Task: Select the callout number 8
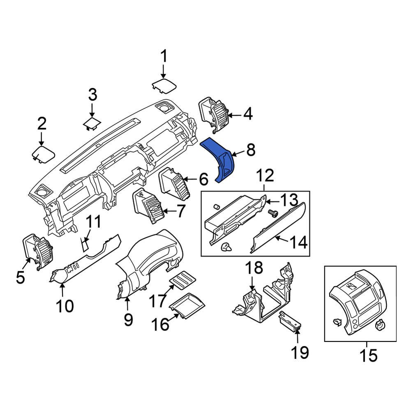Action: pyautogui.click(x=251, y=150)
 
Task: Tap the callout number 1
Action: pyautogui.click(x=164, y=56)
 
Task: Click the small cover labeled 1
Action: pyautogui.click(x=164, y=86)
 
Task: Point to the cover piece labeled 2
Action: pyautogui.click(x=43, y=154)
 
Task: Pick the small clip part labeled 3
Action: pyautogui.click(x=92, y=122)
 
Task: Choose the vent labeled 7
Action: pyautogui.click(x=148, y=205)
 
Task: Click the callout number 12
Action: pyautogui.click(x=266, y=176)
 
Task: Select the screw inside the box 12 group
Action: pyautogui.click(x=272, y=213)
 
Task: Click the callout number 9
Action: pyautogui.click(x=128, y=319)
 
